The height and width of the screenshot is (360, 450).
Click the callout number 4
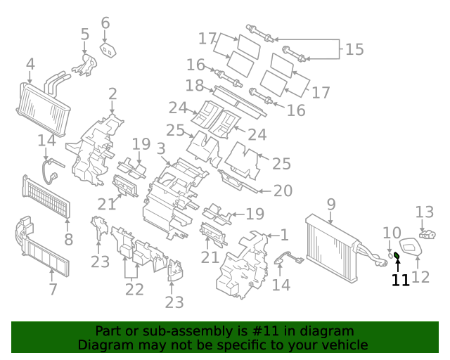[30, 65]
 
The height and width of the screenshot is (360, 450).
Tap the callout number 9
[330, 205]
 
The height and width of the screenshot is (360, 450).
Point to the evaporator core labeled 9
[330, 243]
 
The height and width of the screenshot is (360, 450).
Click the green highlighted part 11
[397, 255]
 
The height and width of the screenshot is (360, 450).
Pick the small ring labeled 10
[389, 253]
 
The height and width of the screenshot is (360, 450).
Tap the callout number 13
[424, 212]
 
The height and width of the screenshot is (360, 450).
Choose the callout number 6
[105, 23]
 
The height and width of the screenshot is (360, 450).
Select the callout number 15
[355, 49]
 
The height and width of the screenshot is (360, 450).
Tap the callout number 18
[194, 86]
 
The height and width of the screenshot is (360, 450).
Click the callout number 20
[283, 190]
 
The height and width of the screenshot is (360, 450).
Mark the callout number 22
[134, 289]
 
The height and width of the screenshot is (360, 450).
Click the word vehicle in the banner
[343, 345]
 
